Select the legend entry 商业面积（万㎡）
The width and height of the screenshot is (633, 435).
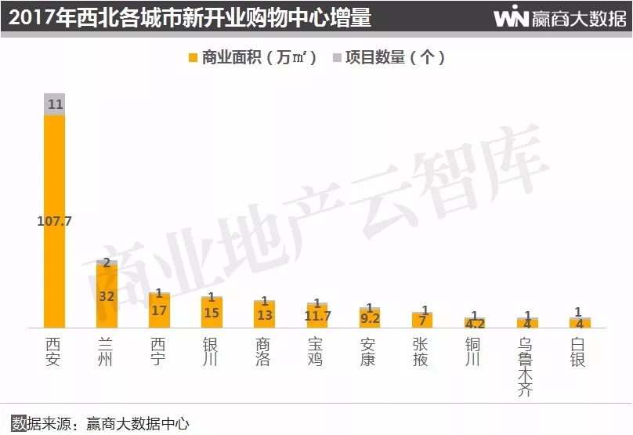252,57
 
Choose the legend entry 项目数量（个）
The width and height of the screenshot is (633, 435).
389,57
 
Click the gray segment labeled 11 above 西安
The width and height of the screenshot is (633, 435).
55,104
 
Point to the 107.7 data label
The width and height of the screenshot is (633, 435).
55,221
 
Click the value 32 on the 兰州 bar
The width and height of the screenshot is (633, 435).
107,296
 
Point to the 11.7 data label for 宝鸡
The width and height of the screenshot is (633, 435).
317,316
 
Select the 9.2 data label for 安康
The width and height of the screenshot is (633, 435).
369,319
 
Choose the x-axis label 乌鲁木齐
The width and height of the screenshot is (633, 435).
526,367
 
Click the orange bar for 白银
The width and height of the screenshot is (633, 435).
580,323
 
